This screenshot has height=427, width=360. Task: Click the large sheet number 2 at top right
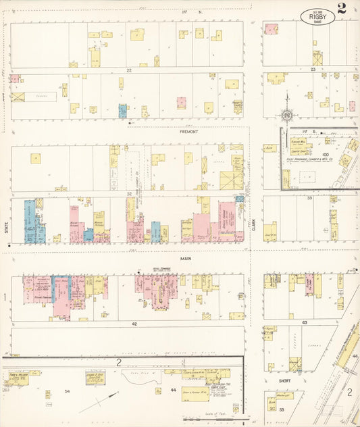pyautogui.click(x=342, y=9)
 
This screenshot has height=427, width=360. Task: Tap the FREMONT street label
pyautogui.click(x=189, y=132)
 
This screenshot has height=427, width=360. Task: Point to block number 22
pyautogui.click(x=126, y=70)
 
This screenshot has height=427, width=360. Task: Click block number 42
pyautogui.click(x=134, y=324)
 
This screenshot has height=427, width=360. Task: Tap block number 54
pyautogui.click(x=67, y=391)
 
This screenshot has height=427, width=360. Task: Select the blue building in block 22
pyautogui.click(x=122, y=110)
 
